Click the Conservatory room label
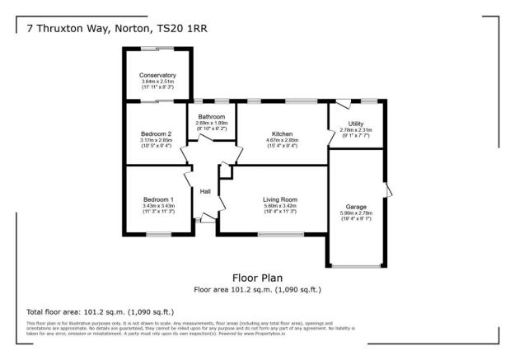pyautogui.click(x=158, y=75)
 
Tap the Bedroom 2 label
pyautogui.click(x=157, y=133)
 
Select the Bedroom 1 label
pyautogui.click(x=158, y=199)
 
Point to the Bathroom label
pyautogui.click(x=212, y=117)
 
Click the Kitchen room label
pyautogui.click(x=282, y=133)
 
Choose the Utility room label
pyautogui.click(x=356, y=123)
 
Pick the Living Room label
pyautogui.click(x=279, y=199)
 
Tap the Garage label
pyautogui.click(x=356, y=206)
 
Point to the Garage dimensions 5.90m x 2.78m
pyautogui.click(x=356, y=213)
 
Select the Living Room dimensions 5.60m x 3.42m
pyautogui.click(x=279, y=206)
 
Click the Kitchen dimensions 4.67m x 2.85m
pyautogui.click(x=282, y=140)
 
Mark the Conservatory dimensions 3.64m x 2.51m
pyautogui.click(x=158, y=82)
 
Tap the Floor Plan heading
pyautogui.click(x=257, y=278)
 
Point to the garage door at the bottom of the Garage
pyautogui.click(x=356, y=266)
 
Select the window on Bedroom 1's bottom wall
pyautogui.click(x=158, y=235)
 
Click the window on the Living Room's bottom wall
pyautogui.click(x=280, y=235)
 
